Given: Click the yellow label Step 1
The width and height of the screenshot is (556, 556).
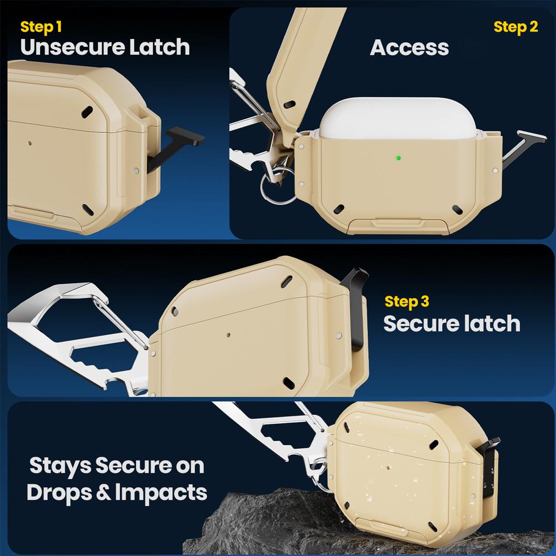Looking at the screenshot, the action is click(41, 27).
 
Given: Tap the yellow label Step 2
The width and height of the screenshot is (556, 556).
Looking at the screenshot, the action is click(515, 27).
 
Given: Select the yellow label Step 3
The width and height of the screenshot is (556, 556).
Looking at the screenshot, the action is click(407, 302).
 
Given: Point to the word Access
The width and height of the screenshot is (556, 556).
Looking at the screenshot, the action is click(409, 48).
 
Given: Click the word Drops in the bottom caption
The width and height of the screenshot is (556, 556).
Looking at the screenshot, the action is click(59, 493).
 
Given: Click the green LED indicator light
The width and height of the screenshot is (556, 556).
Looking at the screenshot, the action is click(398, 158).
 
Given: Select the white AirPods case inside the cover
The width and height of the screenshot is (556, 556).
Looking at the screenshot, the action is click(398, 118).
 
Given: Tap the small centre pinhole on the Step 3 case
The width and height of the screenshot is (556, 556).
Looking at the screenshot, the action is click(228, 334).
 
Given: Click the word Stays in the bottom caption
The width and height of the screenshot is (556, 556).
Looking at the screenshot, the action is click(61, 466).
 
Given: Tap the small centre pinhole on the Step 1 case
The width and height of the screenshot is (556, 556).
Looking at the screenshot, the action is click(30, 143).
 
